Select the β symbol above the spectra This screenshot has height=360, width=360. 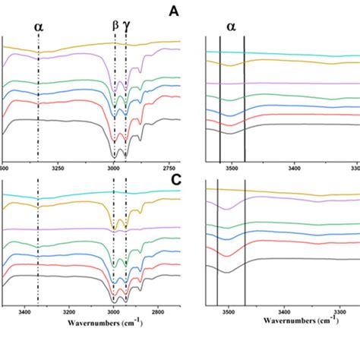coord(115,25)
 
